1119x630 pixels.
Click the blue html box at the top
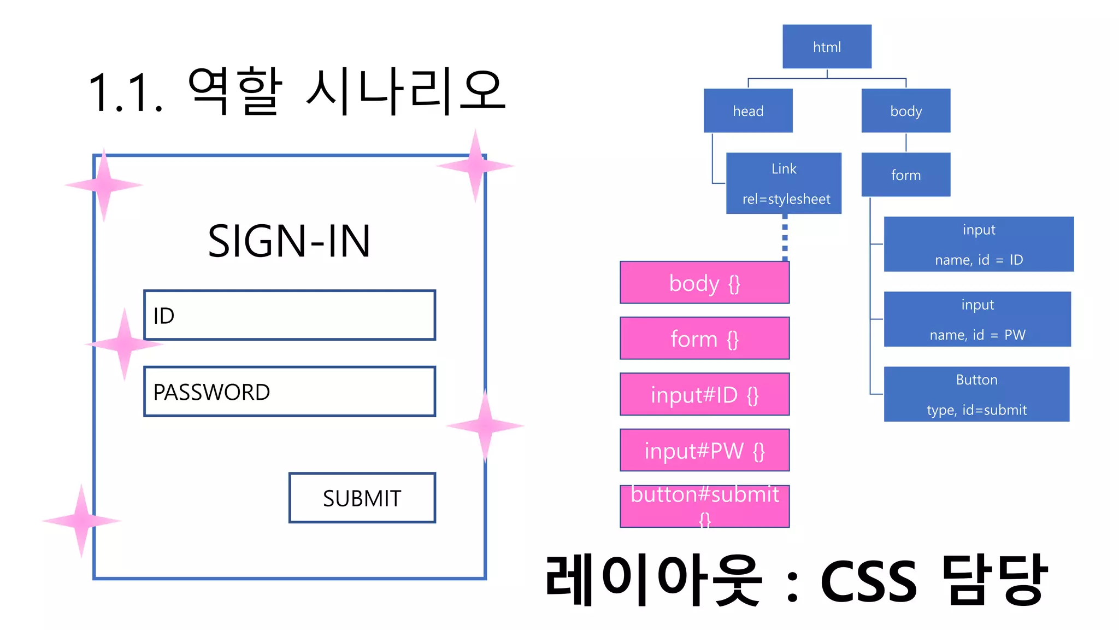coord(826,46)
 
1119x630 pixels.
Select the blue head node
coord(747,110)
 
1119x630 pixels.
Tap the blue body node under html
coord(905,110)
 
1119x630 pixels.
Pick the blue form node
coord(905,174)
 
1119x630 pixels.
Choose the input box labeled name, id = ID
coord(978,244)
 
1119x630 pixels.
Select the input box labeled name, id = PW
coord(977,319)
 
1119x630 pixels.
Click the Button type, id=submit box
coord(976,394)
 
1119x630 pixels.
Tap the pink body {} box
coord(704,283)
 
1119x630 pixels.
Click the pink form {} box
coord(704,339)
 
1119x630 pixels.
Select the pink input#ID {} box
coord(704,394)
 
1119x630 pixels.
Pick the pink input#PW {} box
coord(704,450)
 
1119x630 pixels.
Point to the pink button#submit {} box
coord(704,506)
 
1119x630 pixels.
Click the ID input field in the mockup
coord(290,315)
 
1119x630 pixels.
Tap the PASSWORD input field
coord(290,392)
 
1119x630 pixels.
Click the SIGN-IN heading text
coord(289,241)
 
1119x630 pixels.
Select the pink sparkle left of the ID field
coord(125,344)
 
